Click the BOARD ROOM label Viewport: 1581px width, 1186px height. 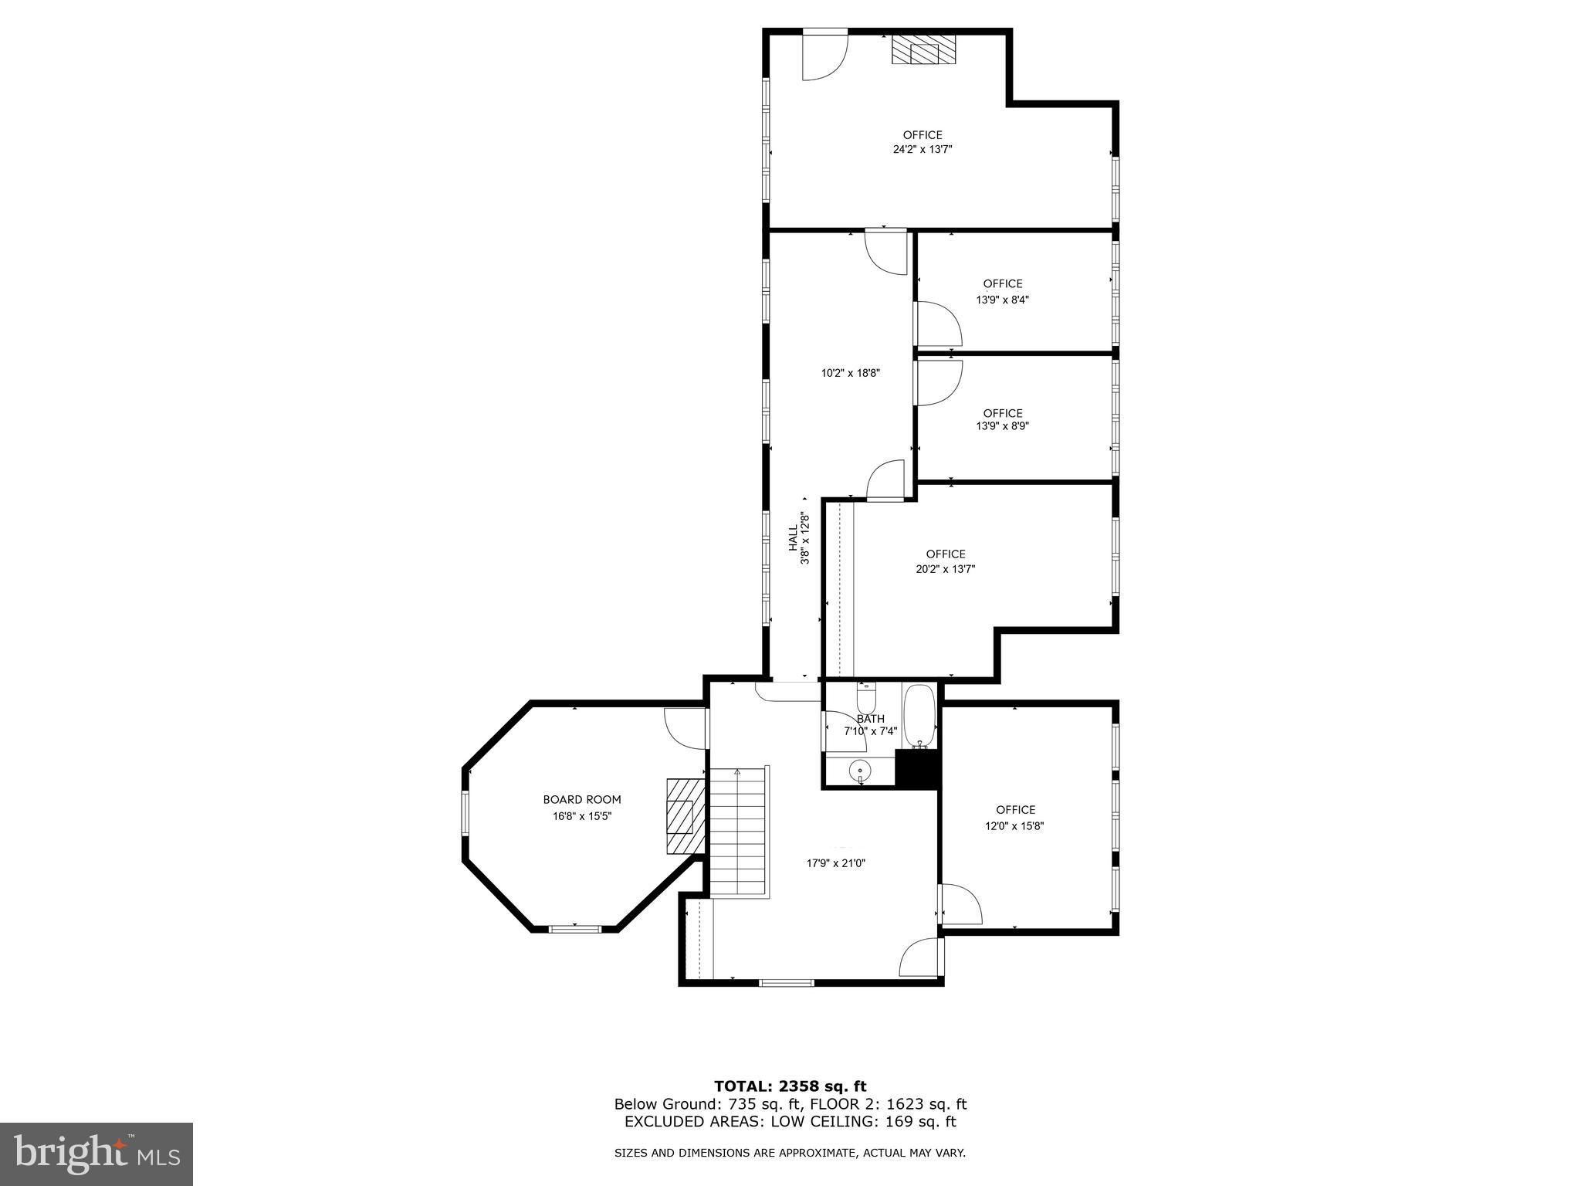click(x=581, y=800)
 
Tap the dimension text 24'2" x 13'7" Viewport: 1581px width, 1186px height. click(x=923, y=150)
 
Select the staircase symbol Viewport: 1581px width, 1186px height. click(x=739, y=832)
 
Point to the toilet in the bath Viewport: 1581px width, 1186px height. click(x=866, y=699)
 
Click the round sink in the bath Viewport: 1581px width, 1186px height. click(x=859, y=771)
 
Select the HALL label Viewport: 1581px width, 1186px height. click(x=793, y=538)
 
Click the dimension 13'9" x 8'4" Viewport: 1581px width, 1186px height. click(x=1002, y=300)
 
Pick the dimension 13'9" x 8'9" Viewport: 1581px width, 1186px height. click(x=1002, y=425)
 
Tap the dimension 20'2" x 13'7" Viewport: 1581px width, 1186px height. click(x=946, y=569)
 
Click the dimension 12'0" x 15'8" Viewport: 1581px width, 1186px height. click(x=1015, y=825)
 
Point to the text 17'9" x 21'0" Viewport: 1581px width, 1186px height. click(x=836, y=863)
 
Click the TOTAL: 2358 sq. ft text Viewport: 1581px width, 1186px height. click(x=790, y=1086)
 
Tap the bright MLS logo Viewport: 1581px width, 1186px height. click(x=96, y=1154)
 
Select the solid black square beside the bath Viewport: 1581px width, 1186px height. click(x=916, y=769)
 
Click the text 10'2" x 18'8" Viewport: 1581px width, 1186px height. click(x=850, y=373)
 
